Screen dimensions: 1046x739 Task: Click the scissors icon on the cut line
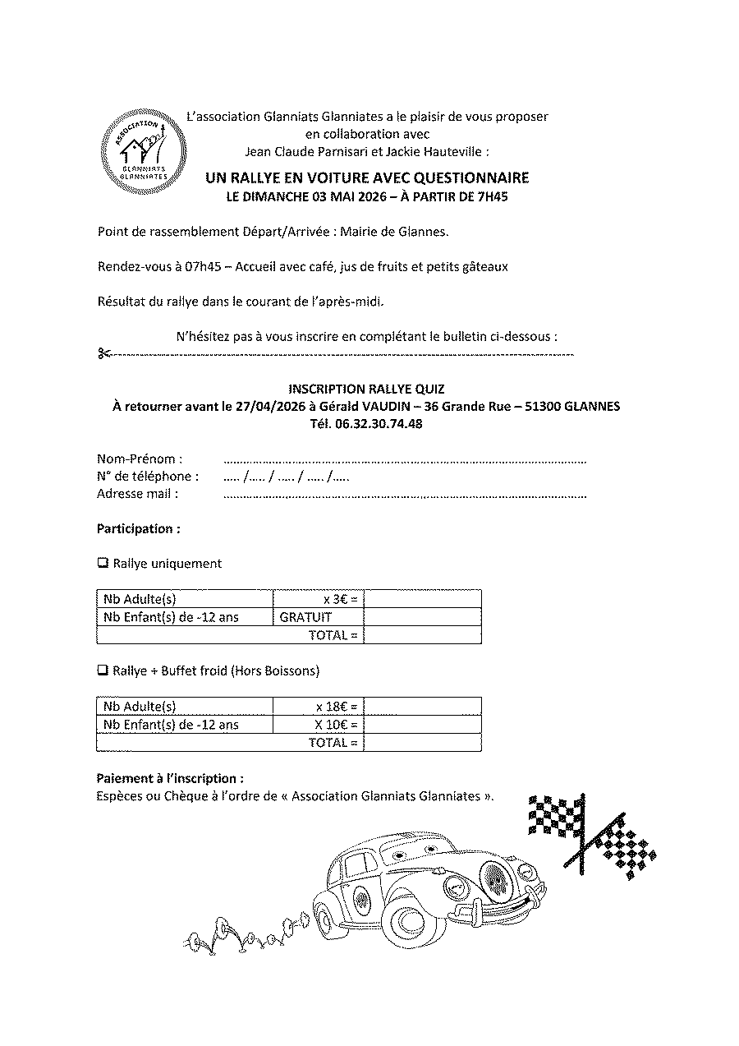pyautogui.click(x=103, y=354)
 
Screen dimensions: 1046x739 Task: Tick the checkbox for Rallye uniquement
pyautogui.click(x=103, y=563)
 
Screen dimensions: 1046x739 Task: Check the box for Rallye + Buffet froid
pyautogui.click(x=103, y=670)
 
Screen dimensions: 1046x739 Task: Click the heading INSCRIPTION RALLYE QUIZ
pyautogui.click(x=366, y=388)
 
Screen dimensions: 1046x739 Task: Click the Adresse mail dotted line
pyautogui.click(x=404, y=495)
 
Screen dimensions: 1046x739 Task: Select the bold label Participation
pyautogui.click(x=139, y=528)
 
